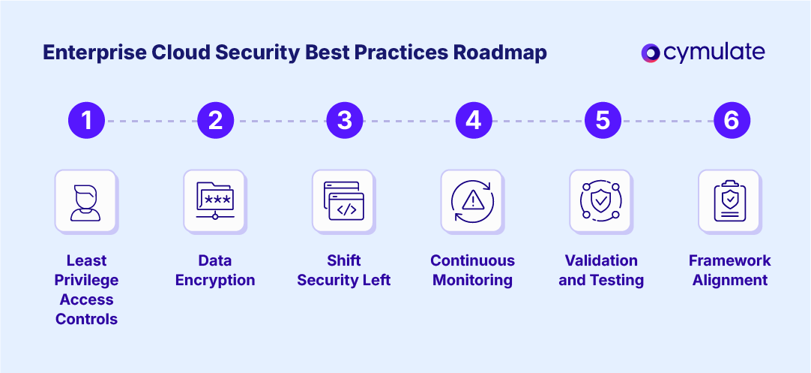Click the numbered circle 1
pos(86,120)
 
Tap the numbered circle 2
pos(216,120)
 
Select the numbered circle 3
pos(345,120)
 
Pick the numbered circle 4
pos(474,120)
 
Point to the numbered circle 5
pos(603,120)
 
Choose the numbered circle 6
pos(732,120)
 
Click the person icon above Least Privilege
pos(85,200)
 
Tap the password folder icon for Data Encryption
pos(215,200)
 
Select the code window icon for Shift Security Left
pos(344,200)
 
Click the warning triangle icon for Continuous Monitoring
pos(473,200)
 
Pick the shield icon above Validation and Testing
pos(601,200)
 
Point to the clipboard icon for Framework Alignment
pos(730,200)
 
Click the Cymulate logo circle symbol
pos(651,53)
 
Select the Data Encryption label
pos(215,270)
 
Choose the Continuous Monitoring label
pos(473,270)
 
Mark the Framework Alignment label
pos(730,270)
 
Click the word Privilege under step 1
pos(87,280)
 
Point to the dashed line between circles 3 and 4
pos(409,120)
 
